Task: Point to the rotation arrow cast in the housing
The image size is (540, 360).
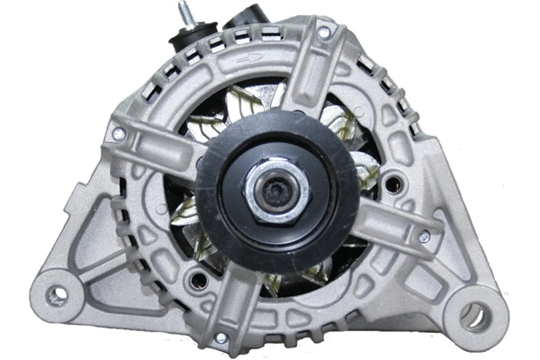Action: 251,58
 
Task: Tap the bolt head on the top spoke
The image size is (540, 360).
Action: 323,33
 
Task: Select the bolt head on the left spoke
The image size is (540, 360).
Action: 118,134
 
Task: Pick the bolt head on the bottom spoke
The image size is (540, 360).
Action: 220,337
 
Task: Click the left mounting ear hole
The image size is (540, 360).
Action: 59,294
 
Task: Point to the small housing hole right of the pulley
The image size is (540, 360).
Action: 391,186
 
